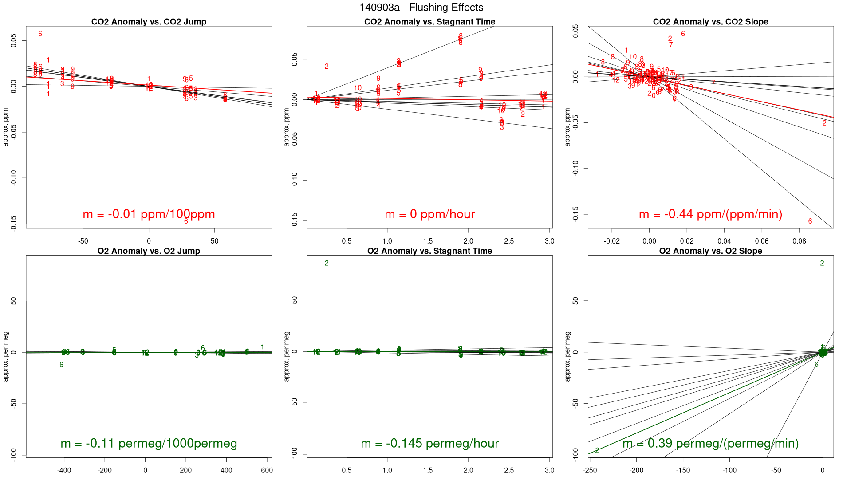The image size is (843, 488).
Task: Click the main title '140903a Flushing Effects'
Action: pyautogui.click(x=421, y=8)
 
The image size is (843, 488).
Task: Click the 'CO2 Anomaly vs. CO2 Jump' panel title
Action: pyautogui.click(x=149, y=22)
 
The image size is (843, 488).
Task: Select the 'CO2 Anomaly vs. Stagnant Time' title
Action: pyautogui.click(x=429, y=22)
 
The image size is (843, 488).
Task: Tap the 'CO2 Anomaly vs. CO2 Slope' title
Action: pyautogui.click(x=710, y=22)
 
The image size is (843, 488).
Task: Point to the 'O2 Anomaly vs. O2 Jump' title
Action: pyautogui.click(x=149, y=251)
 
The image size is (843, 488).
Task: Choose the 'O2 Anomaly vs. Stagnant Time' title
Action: pyautogui.click(x=429, y=251)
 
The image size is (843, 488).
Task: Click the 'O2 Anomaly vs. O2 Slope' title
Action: pyautogui.click(x=710, y=251)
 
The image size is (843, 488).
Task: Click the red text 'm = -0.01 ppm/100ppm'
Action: pyautogui.click(x=149, y=214)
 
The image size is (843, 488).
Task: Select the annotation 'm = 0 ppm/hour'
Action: pyautogui.click(x=429, y=214)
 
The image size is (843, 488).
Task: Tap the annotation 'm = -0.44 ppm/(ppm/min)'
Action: pyautogui.click(x=710, y=214)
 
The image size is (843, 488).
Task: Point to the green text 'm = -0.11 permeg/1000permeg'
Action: pyautogui.click(x=149, y=444)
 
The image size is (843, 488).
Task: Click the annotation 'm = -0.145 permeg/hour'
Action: pyautogui.click(x=429, y=444)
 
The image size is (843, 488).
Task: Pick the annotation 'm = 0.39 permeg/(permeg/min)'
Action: pyautogui.click(x=710, y=444)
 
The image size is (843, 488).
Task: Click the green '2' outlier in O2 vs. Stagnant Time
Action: pyautogui.click(x=327, y=264)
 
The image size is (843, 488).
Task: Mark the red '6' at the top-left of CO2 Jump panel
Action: pyautogui.click(x=40, y=34)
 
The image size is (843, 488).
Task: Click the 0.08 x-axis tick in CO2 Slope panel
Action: pyautogui.click(x=799, y=241)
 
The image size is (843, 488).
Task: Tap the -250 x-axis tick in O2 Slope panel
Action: pyautogui.click(x=590, y=471)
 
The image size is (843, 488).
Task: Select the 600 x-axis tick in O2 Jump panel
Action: pyautogui.click(x=267, y=471)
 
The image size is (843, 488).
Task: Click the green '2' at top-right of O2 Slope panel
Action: pyautogui.click(x=822, y=264)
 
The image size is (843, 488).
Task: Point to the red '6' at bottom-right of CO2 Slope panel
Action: pyautogui.click(x=810, y=221)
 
